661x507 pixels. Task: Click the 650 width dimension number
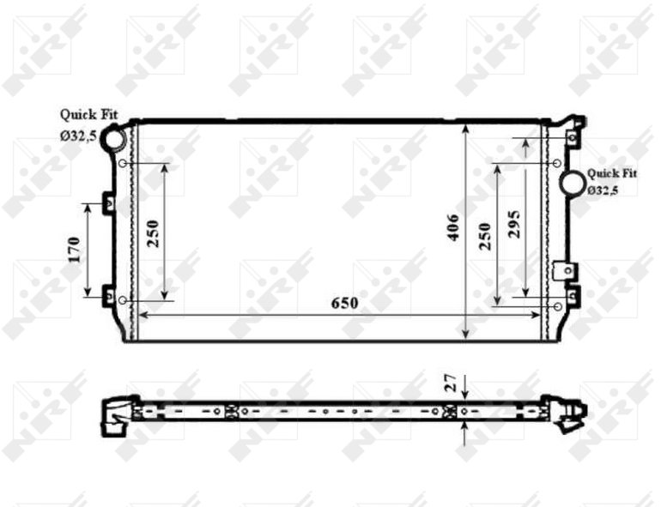(x=344, y=303)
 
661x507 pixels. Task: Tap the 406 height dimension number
(x=453, y=227)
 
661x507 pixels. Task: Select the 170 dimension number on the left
(x=74, y=250)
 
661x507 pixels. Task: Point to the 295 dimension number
(x=514, y=224)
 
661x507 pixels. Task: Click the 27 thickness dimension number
(x=452, y=383)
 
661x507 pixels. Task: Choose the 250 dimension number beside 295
(x=485, y=237)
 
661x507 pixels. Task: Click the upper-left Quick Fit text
(x=89, y=114)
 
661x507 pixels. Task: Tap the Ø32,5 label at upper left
(x=79, y=136)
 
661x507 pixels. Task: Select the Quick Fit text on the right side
(x=612, y=173)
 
